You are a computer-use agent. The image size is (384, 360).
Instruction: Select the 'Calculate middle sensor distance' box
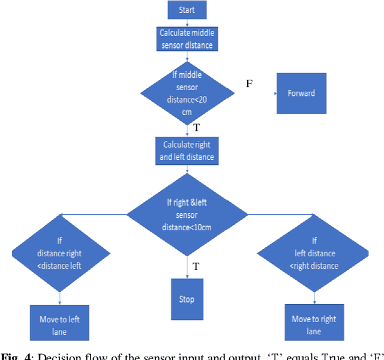[x=186, y=38]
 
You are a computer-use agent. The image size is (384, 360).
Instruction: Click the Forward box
[x=301, y=93]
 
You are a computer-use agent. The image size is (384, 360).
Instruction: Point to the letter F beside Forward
[x=249, y=83]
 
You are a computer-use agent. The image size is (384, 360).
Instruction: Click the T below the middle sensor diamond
[x=196, y=128]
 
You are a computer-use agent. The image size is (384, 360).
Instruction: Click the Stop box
[x=187, y=299]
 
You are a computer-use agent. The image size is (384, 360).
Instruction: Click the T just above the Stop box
[x=196, y=266]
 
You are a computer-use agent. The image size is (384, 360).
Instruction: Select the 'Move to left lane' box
[x=59, y=324]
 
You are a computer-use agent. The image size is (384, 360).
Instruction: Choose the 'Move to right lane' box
[x=314, y=324]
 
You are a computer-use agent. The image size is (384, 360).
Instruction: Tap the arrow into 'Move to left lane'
[x=59, y=302]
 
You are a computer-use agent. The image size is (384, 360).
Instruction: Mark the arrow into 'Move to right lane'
[x=314, y=302]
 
